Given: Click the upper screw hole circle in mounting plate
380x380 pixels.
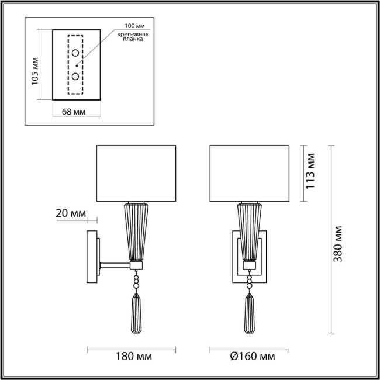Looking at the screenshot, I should click(76, 54).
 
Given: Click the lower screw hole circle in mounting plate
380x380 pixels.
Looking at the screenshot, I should click(76, 76).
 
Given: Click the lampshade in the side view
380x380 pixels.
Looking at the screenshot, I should click(136, 172).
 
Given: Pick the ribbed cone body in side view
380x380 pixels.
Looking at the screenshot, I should click(136, 231).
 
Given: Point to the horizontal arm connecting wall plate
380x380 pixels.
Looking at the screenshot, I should click(115, 265).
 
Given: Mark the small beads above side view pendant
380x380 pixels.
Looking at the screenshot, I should click(136, 281).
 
